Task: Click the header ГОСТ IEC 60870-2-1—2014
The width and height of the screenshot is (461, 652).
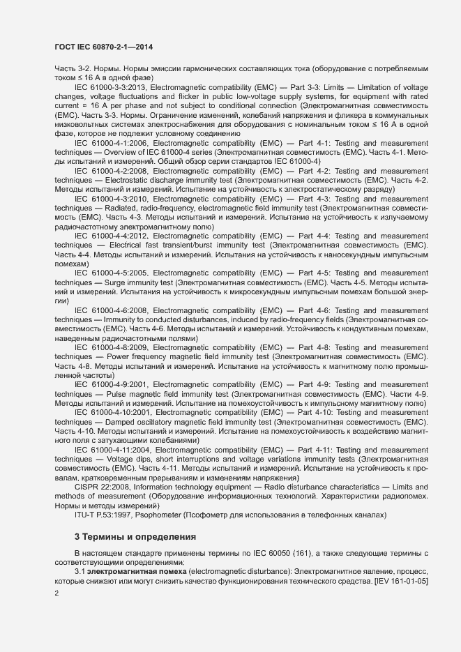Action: click(x=104, y=47)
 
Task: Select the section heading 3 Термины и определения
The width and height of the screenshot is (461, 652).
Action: click(x=136, y=536)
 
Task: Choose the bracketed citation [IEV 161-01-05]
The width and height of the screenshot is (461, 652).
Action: click(x=400, y=580)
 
